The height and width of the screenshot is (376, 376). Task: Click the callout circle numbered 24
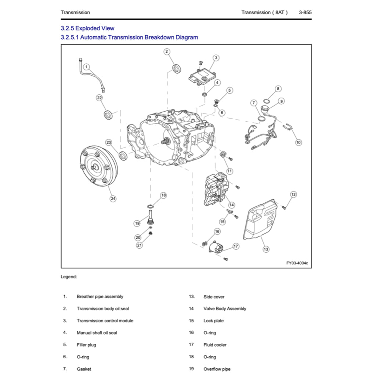(x=113, y=199)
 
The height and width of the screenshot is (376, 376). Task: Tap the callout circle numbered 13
(x=266, y=249)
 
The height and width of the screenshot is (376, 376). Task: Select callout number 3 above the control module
(x=216, y=58)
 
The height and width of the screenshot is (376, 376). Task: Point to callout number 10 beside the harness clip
(x=299, y=142)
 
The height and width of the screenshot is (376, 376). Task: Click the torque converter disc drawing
(x=99, y=167)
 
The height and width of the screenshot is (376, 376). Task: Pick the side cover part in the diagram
(x=261, y=220)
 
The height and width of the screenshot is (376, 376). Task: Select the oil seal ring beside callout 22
(x=108, y=115)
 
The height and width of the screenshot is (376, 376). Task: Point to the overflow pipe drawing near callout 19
(x=150, y=216)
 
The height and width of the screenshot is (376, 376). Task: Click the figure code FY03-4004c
(x=297, y=263)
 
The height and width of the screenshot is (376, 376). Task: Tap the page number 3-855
(x=305, y=12)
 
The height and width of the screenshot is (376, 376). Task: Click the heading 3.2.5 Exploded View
(x=87, y=28)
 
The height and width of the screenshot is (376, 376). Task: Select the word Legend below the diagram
(x=69, y=277)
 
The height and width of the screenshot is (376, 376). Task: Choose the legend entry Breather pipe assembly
(x=100, y=297)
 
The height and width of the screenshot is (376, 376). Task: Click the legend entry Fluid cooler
(x=215, y=345)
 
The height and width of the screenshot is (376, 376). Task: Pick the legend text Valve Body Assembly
(x=225, y=309)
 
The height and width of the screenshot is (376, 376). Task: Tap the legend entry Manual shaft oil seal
(x=97, y=333)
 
